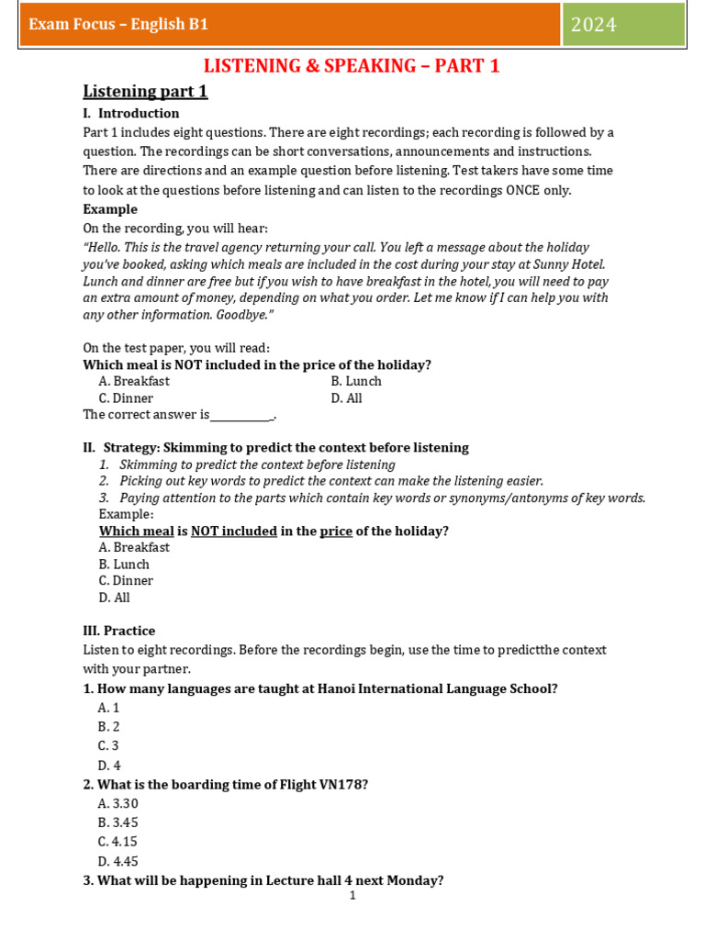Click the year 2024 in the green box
click(594, 25)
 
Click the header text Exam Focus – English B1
click(118, 25)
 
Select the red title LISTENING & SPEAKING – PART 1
click(352, 66)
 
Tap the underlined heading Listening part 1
click(145, 91)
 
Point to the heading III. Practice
click(119, 631)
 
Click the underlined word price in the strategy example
click(336, 531)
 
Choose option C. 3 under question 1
click(108, 745)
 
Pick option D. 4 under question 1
click(108, 765)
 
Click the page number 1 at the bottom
click(352, 895)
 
